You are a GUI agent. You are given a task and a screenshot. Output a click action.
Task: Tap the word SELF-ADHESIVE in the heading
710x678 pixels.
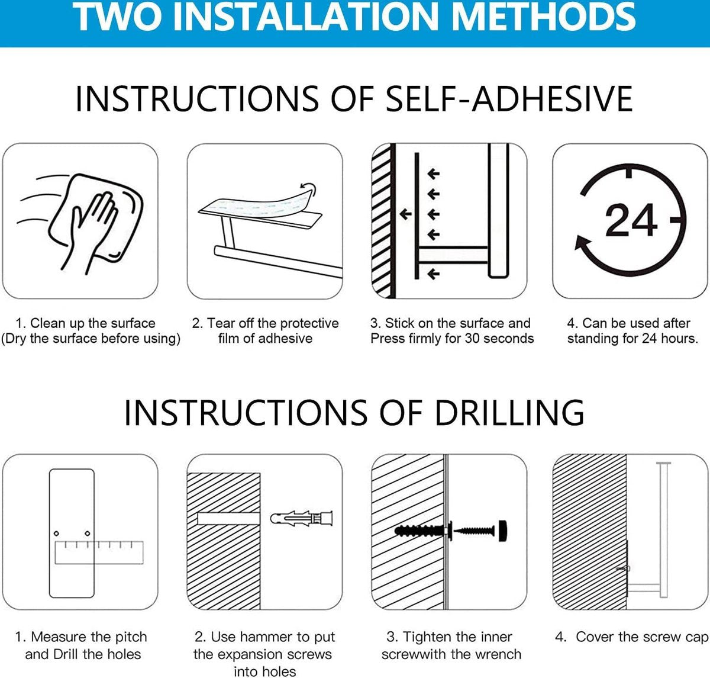(509, 99)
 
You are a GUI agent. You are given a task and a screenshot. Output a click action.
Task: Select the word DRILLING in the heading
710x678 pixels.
(509, 412)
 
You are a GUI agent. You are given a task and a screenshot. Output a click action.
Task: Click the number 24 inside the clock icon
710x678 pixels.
(631, 220)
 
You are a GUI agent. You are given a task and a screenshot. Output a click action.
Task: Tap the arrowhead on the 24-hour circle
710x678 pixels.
(582, 243)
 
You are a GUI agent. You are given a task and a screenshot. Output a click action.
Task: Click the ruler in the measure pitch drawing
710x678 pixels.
(99, 552)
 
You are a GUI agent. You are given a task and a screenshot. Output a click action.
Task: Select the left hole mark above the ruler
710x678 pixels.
(56, 533)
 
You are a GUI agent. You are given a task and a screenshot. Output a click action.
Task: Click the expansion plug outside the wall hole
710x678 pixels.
(301, 519)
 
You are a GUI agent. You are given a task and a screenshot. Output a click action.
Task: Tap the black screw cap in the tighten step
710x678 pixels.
(502, 531)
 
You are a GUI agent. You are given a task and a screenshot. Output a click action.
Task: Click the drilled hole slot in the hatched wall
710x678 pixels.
(228, 519)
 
